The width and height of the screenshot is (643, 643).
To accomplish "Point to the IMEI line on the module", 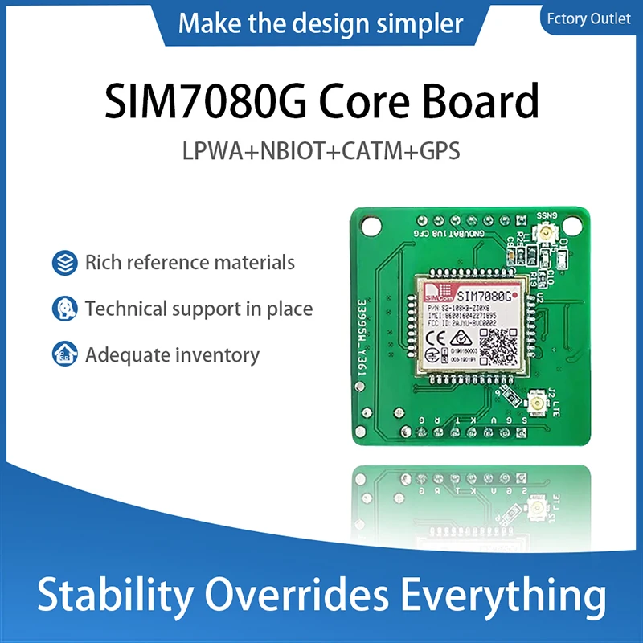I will tap(466, 317).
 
